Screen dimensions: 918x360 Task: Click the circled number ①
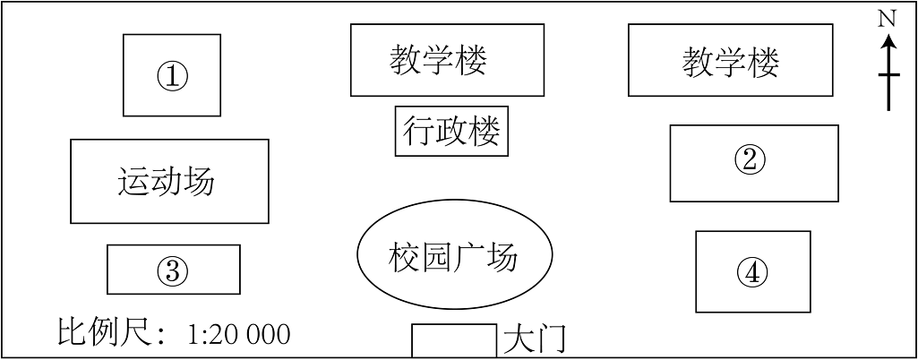[172, 75]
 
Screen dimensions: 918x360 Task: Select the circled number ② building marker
[750, 159]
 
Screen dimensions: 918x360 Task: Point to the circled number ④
[752, 272]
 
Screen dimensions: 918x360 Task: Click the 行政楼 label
[451, 131]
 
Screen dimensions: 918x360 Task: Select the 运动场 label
[167, 182]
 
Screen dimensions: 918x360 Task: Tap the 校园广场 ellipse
[455, 254]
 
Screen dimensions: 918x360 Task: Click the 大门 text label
[535, 339]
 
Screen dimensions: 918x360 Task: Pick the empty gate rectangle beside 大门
[454, 340]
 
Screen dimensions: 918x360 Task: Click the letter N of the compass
[888, 20]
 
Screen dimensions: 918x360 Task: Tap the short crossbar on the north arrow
[888, 75]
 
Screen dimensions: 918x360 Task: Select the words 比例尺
[107, 333]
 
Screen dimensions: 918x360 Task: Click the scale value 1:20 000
[239, 334]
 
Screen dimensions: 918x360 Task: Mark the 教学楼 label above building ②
[731, 62]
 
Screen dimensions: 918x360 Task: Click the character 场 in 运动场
[200, 182]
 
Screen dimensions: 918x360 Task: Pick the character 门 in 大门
[551, 339]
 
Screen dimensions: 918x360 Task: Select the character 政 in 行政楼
[451, 131]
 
